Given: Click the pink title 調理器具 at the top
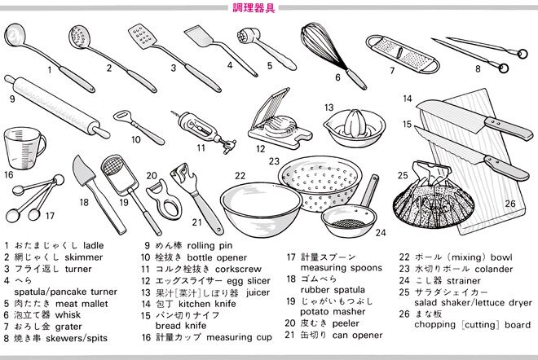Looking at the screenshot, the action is tap(254, 7).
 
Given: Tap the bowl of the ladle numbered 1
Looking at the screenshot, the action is tap(14, 35).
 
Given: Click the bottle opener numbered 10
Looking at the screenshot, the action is tap(139, 126).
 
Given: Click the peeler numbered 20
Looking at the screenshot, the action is tap(165, 200).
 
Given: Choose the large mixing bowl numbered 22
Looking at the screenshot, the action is tap(261, 209).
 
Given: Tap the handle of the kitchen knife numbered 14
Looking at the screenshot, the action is tap(509, 128).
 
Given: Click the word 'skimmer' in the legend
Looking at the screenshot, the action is tap(83, 257).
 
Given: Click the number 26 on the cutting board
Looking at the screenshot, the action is tap(510, 204).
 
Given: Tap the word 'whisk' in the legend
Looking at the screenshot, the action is tap(68, 314).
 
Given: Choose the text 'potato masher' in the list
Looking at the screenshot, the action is tap(333, 312).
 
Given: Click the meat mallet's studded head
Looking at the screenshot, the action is tap(245, 35).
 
